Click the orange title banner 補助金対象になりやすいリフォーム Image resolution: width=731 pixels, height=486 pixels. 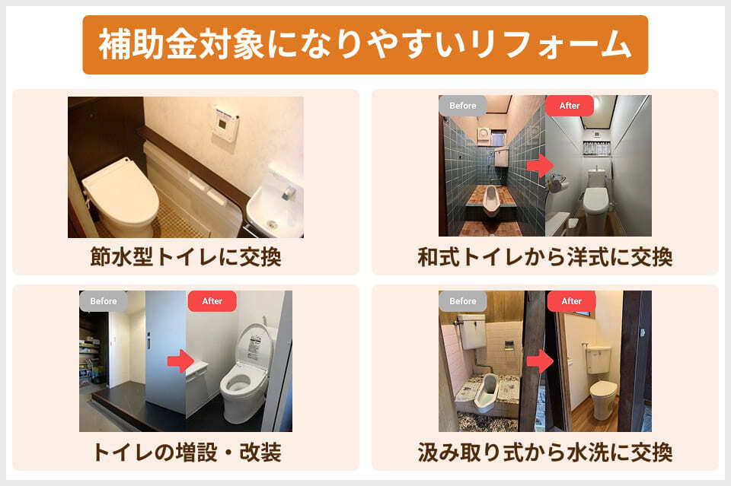pyautogui.click(x=365, y=45)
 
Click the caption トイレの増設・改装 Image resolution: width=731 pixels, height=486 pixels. pyautogui.click(x=186, y=453)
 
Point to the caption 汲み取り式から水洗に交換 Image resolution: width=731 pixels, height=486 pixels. pyautogui.click(x=544, y=453)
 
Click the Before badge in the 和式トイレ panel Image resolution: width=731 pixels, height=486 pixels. pyautogui.click(x=462, y=106)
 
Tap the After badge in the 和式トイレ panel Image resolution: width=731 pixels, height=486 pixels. pyautogui.click(x=570, y=106)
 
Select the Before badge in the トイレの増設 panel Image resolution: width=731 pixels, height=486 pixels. pyautogui.click(x=104, y=301)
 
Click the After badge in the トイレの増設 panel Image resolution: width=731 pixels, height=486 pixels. pyautogui.click(x=212, y=301)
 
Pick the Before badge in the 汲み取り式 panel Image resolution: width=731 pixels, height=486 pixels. pyautogui.click(x=462, y=301)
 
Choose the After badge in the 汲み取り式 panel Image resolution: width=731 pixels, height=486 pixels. pyautogui.click(x=571, y=301)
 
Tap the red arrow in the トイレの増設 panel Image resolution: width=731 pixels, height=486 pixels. pyautogui.click(x=180, y=361)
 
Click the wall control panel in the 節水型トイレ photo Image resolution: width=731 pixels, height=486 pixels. pyautogui.click(x=225, y=122)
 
